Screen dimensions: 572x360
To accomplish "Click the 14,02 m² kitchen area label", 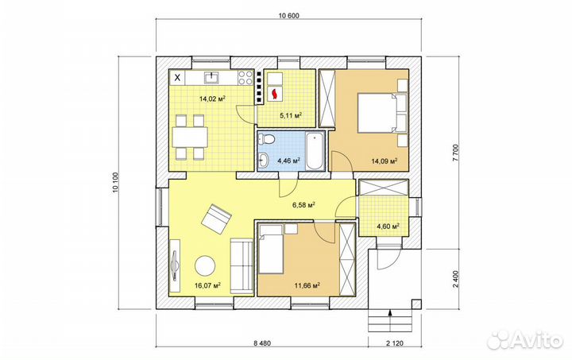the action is tap(211, 99).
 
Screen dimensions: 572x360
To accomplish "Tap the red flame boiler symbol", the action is tap(275, 94).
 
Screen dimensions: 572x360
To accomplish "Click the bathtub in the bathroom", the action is tap(314, 151).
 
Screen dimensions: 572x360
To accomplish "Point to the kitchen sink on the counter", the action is tap(212, 77).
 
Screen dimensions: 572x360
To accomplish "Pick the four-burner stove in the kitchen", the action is tap(245, 78).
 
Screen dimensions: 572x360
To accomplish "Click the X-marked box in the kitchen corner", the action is tap(178, 77).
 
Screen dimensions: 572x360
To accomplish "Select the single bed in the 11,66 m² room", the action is tap(271, 249).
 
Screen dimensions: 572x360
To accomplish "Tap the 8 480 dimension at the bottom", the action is tap(262, 343).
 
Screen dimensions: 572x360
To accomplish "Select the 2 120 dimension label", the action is tap(395, 343).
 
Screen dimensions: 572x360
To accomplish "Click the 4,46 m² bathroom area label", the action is tap(289, 160).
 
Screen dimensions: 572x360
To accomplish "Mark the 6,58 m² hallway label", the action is tap(303, 205).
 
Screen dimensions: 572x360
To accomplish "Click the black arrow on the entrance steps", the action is tap(390, 312).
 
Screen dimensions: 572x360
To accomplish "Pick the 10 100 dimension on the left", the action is tap(116, 182).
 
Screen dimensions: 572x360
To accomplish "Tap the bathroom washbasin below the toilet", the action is tap(264, 158).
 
